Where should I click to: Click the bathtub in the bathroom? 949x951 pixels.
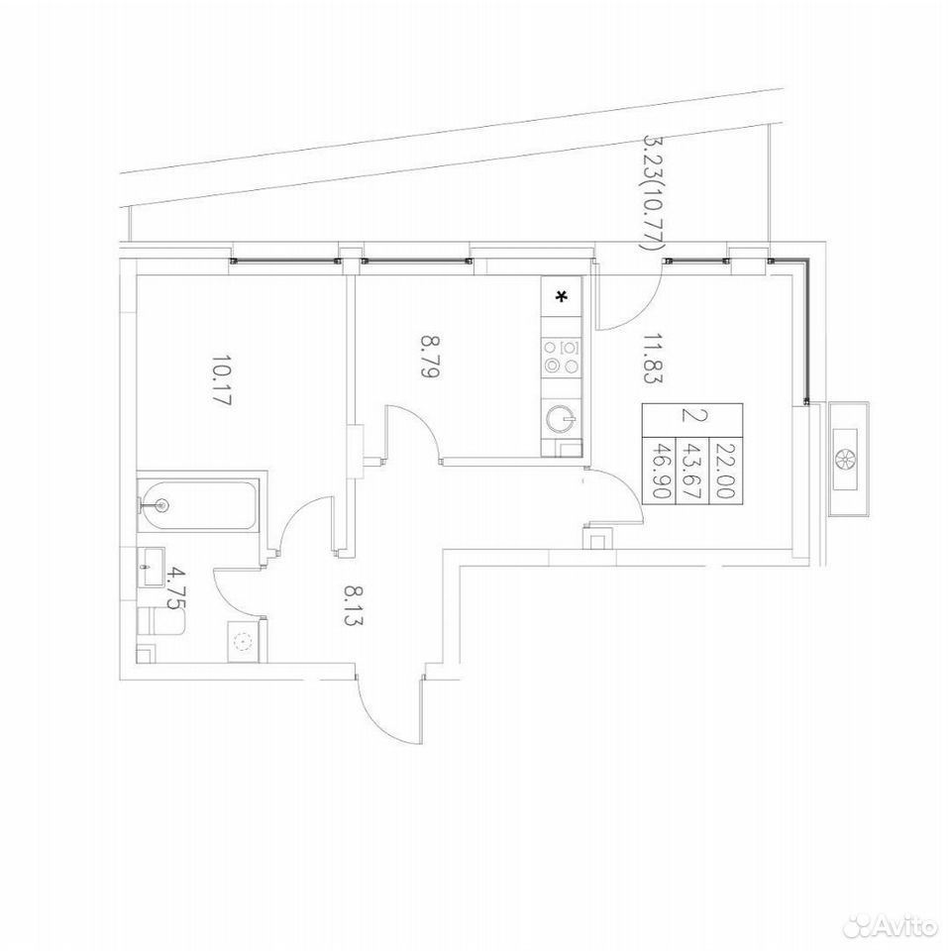click(x=198, y=504)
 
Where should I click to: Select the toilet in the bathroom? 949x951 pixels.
click(x=160, y=622)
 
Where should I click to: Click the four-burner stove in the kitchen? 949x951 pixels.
click(x=562, y=357)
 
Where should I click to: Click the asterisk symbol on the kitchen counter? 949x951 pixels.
click(x=562, y=296)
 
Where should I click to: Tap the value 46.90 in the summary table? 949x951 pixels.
click(x=659, y=470)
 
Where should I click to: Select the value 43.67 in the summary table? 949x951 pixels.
click(x=692, y=470)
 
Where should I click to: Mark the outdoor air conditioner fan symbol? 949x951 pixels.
click(x=845, y=459)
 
